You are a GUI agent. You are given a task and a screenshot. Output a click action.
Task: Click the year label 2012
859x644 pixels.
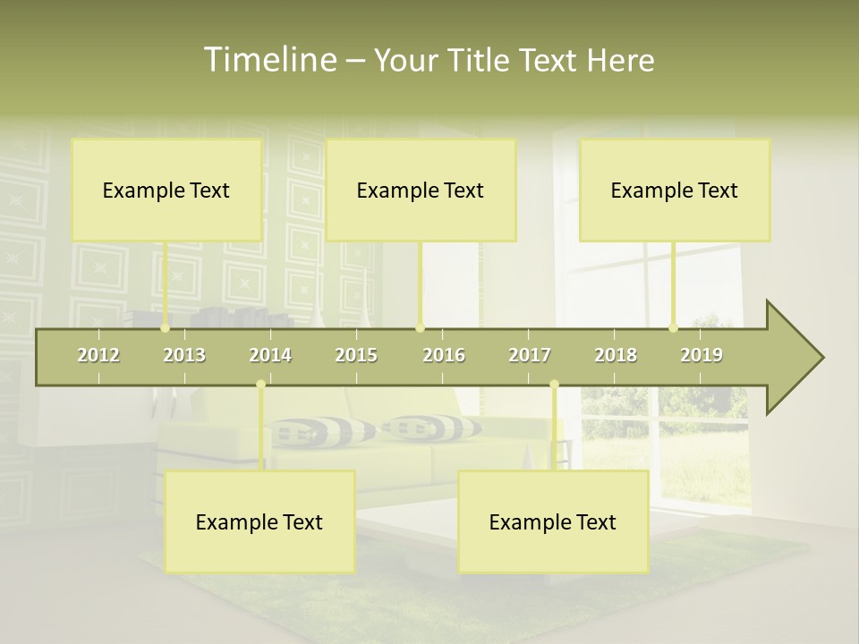[98, 355]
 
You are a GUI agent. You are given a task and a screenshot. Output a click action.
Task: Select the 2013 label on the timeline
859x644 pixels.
[184, 355]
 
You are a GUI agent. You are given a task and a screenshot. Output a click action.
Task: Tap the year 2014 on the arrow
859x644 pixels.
[270, 355]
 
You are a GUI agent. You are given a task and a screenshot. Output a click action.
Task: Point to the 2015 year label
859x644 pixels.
[356, 355]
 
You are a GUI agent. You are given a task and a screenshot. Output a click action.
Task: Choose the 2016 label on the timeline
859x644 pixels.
[444, 355]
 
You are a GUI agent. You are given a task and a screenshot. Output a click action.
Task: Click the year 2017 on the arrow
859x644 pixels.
[530, 355]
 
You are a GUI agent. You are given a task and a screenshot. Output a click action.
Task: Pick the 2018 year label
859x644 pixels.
[616, 355]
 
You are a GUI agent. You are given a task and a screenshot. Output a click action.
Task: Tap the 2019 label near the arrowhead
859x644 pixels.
[702, 355]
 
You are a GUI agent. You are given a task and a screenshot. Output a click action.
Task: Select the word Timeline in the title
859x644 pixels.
[268, 60]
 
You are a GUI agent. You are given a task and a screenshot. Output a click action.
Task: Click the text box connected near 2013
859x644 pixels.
[166, 190]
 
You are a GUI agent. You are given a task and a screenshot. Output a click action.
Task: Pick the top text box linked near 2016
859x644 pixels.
[421, 190]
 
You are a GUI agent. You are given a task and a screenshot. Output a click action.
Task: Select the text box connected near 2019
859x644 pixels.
[675, 190]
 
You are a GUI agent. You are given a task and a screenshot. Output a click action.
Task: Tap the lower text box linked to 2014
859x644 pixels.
[259, 521]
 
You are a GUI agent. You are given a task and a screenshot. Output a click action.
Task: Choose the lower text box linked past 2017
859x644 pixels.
[553, 521]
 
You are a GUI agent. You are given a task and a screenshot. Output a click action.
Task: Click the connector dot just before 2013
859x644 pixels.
[166, 328]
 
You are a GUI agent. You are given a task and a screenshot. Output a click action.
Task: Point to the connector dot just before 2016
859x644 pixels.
[421, 328]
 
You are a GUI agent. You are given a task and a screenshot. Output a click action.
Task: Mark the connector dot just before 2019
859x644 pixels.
[674, 328]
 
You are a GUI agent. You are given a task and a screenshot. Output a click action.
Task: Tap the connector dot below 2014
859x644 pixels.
[260, 385]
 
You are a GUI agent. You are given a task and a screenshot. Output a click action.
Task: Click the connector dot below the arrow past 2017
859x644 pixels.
[554, 385]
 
